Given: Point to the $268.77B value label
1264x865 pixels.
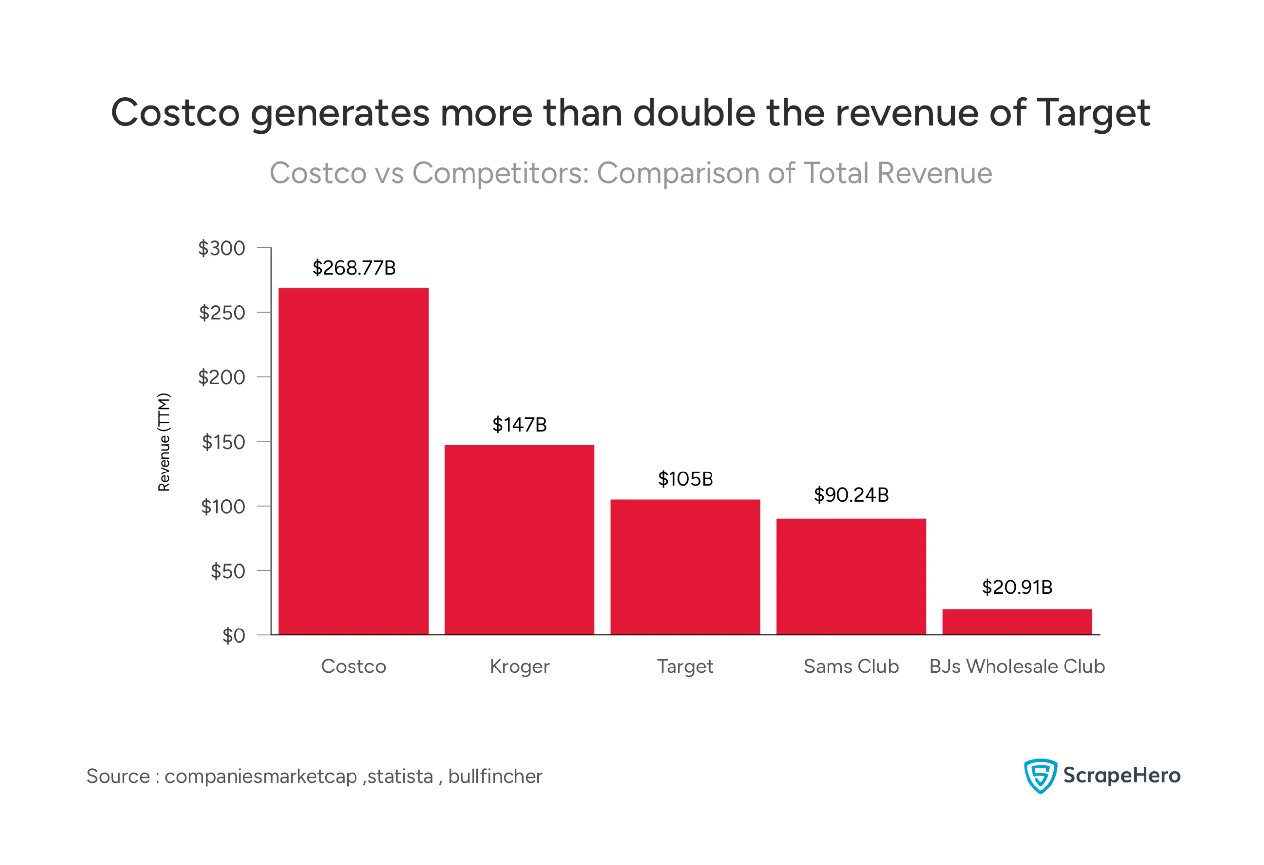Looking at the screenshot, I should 354,268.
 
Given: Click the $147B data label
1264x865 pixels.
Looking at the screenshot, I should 519,424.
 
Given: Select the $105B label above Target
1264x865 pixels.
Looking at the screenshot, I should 685,479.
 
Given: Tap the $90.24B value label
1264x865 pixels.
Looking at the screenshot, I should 851,495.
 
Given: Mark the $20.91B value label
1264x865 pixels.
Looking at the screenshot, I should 1017,587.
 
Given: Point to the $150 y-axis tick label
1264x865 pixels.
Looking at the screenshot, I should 224,442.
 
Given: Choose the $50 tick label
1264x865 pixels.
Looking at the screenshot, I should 228,571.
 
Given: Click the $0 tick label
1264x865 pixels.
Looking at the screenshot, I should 234,635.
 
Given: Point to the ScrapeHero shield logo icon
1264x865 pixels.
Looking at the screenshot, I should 1039,776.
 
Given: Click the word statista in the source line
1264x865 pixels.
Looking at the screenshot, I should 400,776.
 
